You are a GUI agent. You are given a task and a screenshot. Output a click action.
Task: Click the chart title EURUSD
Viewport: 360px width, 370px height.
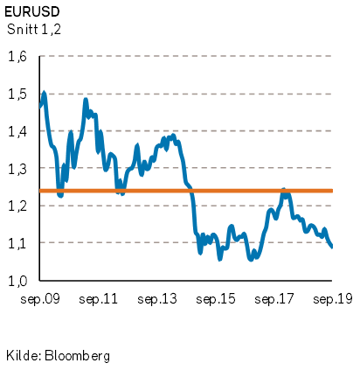pyautogui.click(x=32, y=12)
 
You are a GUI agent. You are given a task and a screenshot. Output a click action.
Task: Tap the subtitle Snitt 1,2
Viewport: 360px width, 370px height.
pyautogui.click(x=34, y=30)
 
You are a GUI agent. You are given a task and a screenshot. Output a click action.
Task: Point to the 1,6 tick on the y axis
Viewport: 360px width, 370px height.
pyautogui.click(x=17, y=57)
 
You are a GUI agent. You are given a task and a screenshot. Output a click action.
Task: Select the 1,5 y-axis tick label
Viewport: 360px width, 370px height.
pyautogui.click(x=17, y=94)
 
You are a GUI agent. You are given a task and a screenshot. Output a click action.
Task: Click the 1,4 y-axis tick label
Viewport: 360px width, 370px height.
pyautogui.click(x=17, y=132)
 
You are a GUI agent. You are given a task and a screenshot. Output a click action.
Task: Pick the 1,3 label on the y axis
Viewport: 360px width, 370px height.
pyautogui.click(x=17, y=169)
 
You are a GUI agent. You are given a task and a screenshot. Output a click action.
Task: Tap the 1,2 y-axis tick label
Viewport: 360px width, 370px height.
pyautogui.click(x=17, y=206)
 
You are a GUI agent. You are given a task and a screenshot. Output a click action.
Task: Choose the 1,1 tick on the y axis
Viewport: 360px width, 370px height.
pyautogui.click(x=17, y=243)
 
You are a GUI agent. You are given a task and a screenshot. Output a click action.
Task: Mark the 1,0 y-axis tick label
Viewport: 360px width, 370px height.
pyautogui.click(x=17, y=281)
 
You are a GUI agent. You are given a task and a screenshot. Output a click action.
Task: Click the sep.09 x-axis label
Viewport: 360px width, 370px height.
pyautogui.click(x=40, y=299)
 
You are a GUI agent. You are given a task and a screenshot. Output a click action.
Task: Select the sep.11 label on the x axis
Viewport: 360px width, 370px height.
pyautogui.click(x=98, y=299)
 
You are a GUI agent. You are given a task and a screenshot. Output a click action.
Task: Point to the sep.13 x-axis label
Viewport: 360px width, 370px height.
pyautogui.click(x=157, y=299)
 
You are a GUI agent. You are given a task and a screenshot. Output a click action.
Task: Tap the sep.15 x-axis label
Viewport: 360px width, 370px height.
pyautogui.click(x=216, y=299)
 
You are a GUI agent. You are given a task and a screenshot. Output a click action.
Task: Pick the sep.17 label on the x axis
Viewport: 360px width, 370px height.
pyautogui.click(x=274, y=299)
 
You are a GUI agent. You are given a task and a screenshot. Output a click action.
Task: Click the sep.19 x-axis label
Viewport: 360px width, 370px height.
pyautogui.click(x=333, y=299)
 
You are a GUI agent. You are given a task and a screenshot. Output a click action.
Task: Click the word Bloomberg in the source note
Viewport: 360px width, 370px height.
pyautogui.click(x=78, y=356)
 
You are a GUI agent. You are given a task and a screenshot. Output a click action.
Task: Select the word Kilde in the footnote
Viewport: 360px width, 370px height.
pyautogui.click(x=24, y=355)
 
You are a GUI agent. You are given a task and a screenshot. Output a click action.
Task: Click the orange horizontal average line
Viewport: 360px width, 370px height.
pyautogui.click(x=186, y=191)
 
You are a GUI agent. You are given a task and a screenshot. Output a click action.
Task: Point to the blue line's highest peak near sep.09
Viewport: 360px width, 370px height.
pyautogui.click(x=45, y=93)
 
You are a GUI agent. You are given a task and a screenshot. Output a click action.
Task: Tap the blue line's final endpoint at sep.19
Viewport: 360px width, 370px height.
pyautogui.click(x=332, y=247)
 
